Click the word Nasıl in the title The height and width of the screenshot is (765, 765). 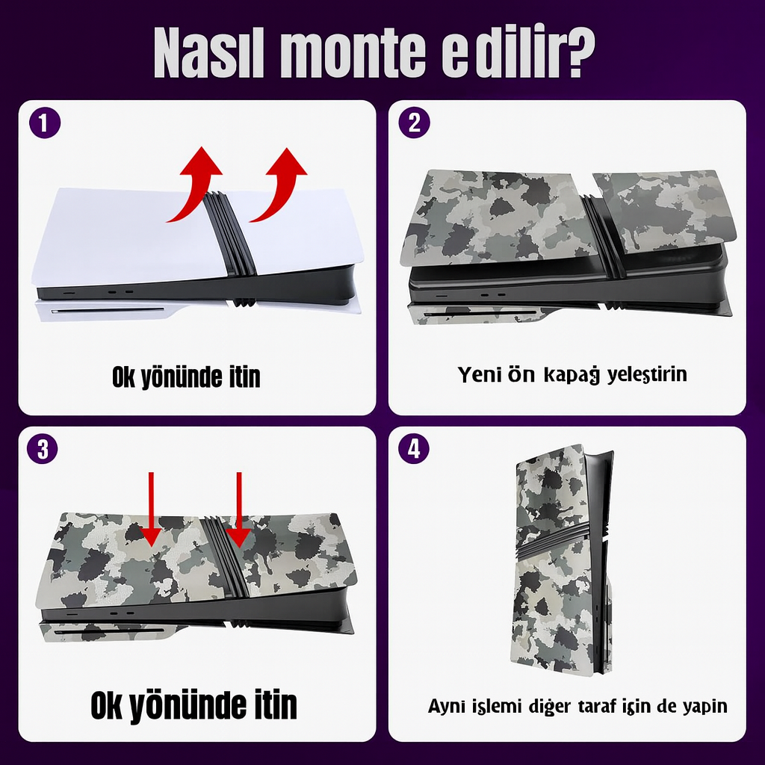[x=209, y=52]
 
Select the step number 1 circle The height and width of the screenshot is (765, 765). [x=44, y=123]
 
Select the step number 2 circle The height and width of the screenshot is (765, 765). [x=414, y=123]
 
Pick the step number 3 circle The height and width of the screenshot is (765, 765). [x=43, y=448]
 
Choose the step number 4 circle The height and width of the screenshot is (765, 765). [x=414, y=448]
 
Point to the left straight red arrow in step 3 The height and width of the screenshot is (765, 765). [x=151, y=510]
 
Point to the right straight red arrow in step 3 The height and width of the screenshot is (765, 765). [x=239, y=510]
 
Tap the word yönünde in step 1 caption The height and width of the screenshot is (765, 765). [x=181, y=378]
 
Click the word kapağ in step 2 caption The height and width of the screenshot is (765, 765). [x=572, y=376]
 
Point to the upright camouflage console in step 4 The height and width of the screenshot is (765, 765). [x=562, y=560]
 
